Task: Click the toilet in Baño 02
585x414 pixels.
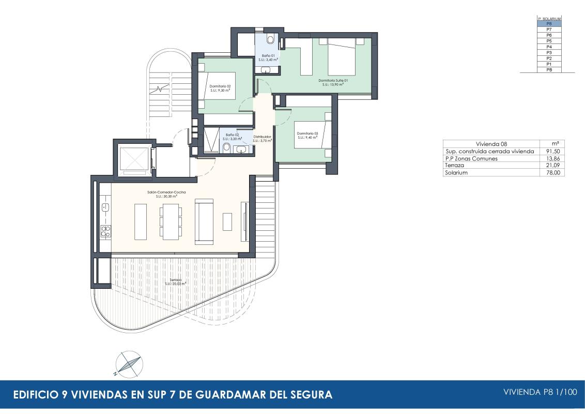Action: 226,148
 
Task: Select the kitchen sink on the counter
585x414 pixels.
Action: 105,208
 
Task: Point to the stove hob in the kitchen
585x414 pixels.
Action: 105,231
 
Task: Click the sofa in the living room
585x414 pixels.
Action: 204,221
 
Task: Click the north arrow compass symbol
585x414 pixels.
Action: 128,364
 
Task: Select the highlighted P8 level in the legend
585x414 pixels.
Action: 549,24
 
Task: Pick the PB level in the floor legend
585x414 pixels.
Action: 549,69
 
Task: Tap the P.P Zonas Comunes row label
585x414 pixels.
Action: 471,158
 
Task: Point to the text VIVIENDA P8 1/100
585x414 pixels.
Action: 540,392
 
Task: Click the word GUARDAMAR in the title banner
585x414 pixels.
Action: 227,395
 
